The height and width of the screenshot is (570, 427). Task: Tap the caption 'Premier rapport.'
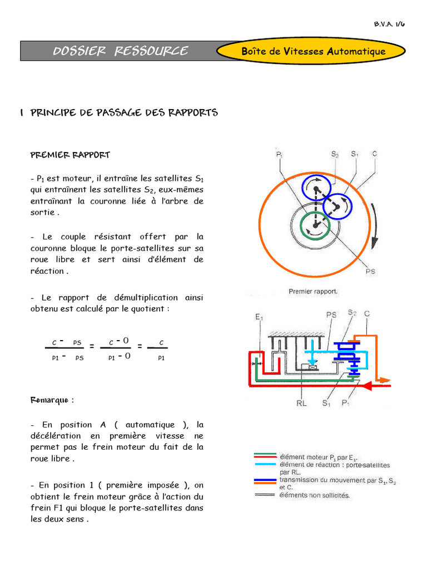[x=313, y=291]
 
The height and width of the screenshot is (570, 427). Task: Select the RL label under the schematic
[x=301, y=403]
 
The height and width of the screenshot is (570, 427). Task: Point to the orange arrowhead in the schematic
[x=384, y=380]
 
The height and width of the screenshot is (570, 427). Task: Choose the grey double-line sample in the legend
[x=265, y=494]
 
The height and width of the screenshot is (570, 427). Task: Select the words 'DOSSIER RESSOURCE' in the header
[x=120, y=52]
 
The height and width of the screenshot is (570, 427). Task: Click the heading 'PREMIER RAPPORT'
[x=70, y=155]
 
